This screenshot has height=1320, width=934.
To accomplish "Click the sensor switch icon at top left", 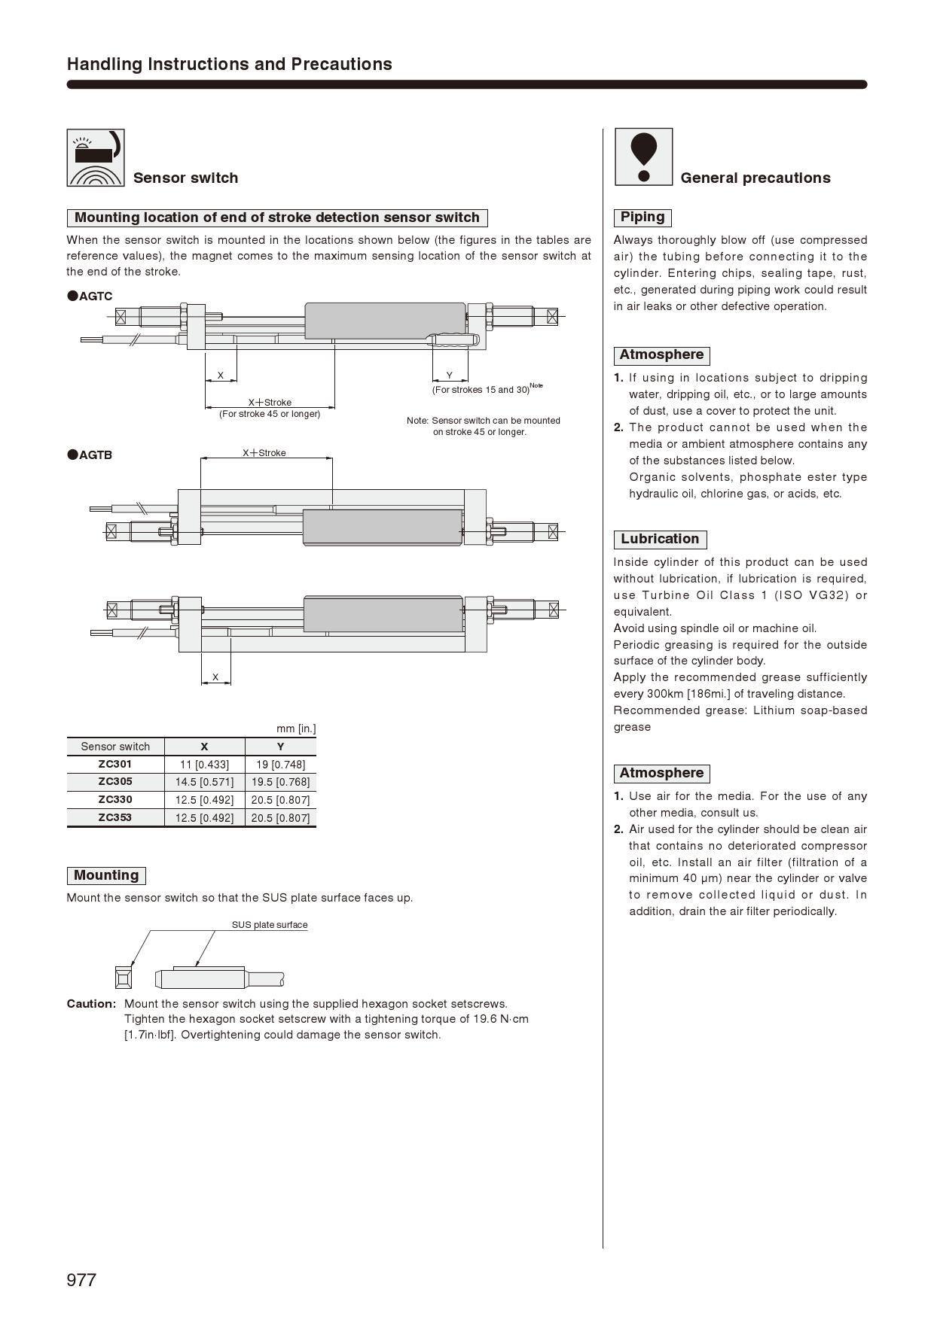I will tap(96, 157).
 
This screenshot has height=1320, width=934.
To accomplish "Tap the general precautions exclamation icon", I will tap(643, 157).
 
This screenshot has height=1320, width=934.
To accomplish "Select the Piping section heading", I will tap(643, 217).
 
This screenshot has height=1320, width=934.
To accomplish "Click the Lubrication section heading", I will tap(660, 539).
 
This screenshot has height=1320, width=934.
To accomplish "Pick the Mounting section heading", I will tap(106, 875).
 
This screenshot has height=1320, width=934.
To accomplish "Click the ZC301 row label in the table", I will tap(115, 764).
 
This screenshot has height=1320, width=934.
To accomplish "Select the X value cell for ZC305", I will tap(204, 782).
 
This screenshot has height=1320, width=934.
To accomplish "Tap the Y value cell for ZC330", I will tap(280, 800).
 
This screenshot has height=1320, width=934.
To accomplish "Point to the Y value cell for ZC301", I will tap(280, 765).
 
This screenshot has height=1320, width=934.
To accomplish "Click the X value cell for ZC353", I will tap(204, 818).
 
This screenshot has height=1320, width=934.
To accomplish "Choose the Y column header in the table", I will tap(280, 747).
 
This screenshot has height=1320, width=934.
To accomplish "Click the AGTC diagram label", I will tap(96, 297).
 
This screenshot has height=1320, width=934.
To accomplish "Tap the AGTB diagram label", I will tap(96, 455).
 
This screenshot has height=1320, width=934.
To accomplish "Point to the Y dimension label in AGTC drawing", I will tap(450, 376).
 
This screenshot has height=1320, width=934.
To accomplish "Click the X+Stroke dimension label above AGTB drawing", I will tap(264, 453).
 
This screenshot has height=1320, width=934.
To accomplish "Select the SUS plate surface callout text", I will tap(270, 925).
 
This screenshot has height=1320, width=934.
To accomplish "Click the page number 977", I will tap(81, 1280).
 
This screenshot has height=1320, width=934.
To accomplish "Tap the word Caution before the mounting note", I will tap(91, 1004).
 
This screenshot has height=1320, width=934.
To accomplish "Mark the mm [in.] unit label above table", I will tap(296, 728).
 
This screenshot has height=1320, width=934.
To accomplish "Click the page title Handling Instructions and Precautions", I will tap(230, 64).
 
